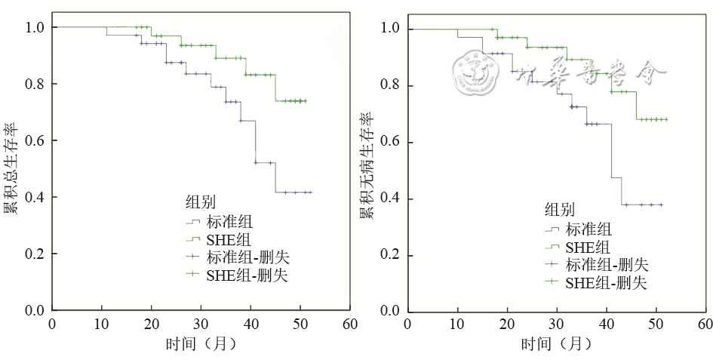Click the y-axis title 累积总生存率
(12, 168)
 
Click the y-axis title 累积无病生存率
(367, 168)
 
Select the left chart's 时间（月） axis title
(201, 343)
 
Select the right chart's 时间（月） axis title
(557, 343)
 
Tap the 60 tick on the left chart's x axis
(349, 324)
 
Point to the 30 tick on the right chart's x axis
(557, 325)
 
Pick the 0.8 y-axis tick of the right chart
(391, 86)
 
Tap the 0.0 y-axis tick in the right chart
(391, 311)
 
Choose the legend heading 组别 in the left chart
(200, 202)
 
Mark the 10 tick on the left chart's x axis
(101, 324)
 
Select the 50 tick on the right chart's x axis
(656, 325)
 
